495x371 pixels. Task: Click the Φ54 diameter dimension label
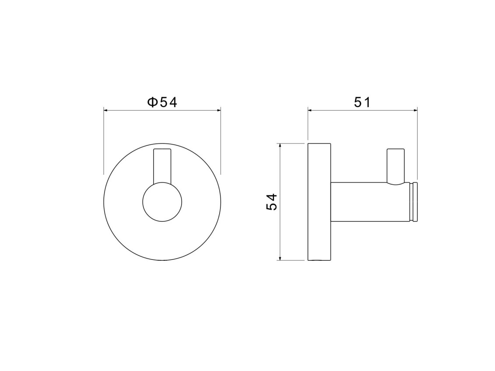point(162,102)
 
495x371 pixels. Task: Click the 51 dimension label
point(362,102)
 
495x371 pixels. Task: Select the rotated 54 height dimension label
point(272,202)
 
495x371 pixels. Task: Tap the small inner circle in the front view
point(162,202)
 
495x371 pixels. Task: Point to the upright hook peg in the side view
point(396,166)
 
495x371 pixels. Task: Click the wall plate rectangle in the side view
point(319,202)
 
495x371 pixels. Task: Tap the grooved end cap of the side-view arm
point(414,202)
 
